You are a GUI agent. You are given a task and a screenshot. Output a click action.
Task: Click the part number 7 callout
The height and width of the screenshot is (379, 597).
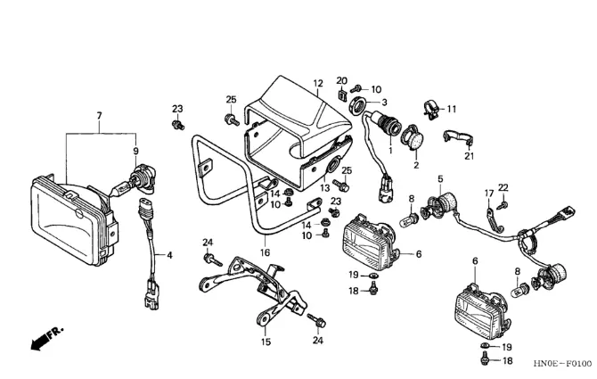coord(100,115)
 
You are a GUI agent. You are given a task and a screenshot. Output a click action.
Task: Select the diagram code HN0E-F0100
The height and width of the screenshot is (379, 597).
coord(562,364)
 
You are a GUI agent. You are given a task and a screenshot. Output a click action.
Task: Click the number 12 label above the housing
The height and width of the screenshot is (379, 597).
coord(318,83)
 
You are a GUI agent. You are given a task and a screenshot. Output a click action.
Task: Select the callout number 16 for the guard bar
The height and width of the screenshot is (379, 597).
coord(265,252)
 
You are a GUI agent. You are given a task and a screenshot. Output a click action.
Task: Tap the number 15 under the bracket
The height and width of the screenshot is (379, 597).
coord(266,342)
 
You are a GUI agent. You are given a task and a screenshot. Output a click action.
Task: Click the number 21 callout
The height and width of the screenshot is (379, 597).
coord(469,156)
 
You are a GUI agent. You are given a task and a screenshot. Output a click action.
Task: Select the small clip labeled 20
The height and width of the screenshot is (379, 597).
coord(342,95)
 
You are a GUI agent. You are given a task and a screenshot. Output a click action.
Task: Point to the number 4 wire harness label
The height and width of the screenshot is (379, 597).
coord(170,255)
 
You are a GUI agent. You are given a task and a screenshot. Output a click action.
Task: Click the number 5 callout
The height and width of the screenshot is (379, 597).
coord(440,179)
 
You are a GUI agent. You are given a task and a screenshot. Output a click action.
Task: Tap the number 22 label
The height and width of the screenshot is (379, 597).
coord(503,187)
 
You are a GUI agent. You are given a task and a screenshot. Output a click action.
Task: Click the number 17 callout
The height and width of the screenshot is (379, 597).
coord(489,194)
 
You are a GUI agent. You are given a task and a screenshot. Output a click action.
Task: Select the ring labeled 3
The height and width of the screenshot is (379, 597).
coord(359,105)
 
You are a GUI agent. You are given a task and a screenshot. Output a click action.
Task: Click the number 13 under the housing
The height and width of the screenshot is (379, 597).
coord(324,188)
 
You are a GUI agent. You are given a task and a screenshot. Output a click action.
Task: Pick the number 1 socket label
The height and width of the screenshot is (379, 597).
coord(390,151)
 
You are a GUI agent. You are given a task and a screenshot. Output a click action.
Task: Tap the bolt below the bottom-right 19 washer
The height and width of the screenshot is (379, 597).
coord(486,359)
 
